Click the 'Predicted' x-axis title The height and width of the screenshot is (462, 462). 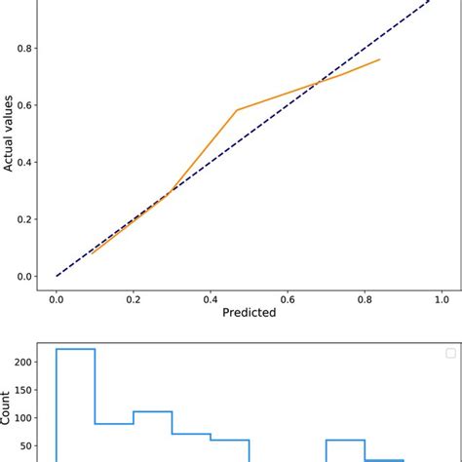[x=249, y=313]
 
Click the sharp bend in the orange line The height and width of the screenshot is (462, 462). [x=237, y=110]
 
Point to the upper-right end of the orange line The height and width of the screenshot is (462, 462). [x=379, y=59]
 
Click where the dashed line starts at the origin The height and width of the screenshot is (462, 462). [x=57, y=276]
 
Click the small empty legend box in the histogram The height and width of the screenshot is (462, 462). [x=449, y=353]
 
